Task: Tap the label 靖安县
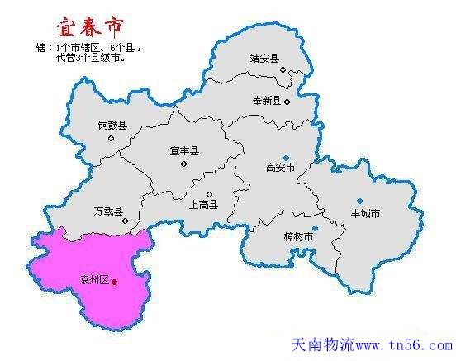(265, 59)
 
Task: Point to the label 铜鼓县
(112, 125)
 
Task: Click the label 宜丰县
(183, 151)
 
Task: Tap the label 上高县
(202, 204)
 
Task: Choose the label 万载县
(108, 211)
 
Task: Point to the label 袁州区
(93, 281)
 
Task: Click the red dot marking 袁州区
(115, 282)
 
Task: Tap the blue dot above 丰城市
(359, 201)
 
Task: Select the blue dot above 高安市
(286, 157)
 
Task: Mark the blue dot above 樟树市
(315, 228)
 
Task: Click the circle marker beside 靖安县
(283, 70)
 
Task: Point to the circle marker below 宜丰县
(183, 164)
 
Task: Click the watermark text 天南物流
(322, 345)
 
